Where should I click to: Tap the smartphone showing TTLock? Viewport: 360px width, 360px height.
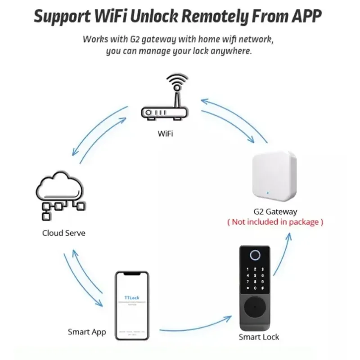coord(131,306)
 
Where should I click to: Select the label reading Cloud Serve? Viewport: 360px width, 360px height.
coord(63,233)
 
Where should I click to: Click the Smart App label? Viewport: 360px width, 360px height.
coord(87,332)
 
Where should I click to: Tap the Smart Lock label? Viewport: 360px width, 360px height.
coord(259,337)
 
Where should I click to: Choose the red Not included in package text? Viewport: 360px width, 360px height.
coord(275,222)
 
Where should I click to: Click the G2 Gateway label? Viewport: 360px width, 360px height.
coord(275,211)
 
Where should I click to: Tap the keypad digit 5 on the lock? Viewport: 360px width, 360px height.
coord(256,275)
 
